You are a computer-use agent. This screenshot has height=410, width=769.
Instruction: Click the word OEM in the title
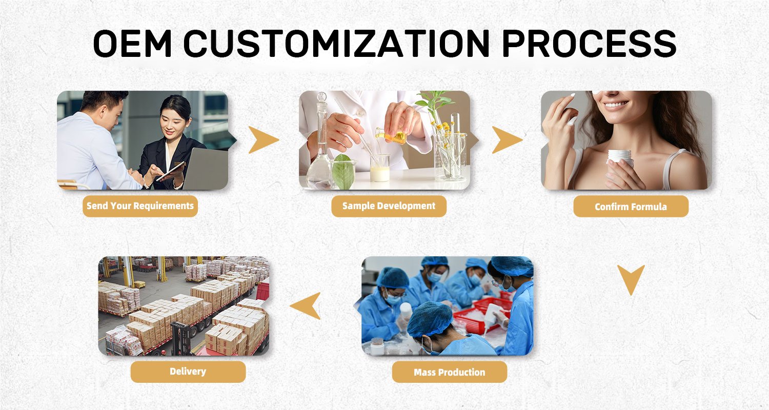point(132,44)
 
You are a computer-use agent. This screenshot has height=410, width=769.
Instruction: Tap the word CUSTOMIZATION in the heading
point(336,44)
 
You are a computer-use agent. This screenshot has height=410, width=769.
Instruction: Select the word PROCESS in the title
point(589,44)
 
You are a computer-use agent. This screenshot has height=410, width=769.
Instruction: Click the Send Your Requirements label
point(140,206)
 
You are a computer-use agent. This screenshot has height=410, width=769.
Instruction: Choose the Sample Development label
point(389,206)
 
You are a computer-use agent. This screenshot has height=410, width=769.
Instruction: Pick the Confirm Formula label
point(631,207)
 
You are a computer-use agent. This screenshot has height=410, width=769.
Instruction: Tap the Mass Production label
point(450,372)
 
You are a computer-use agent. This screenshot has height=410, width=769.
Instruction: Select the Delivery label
point(188,372)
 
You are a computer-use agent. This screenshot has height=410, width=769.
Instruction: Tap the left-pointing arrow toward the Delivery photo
point(307,305)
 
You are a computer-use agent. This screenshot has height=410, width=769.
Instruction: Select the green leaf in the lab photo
point(343,172)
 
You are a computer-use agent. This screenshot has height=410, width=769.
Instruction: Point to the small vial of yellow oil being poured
point(391,136)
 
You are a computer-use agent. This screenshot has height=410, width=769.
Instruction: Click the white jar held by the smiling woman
point(620,158)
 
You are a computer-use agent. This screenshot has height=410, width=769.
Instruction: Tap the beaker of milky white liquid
point(380,168)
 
